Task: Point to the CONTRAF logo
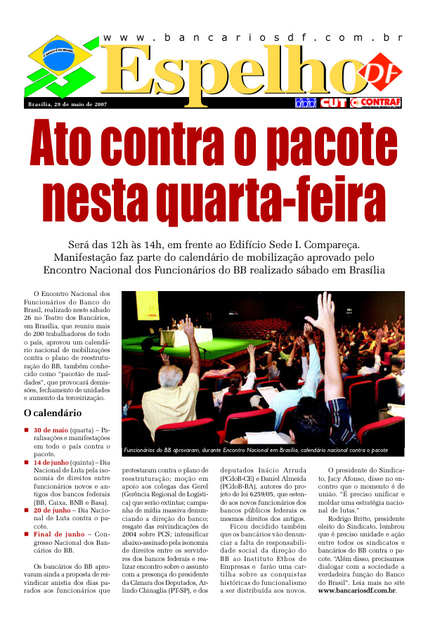coord(377,103)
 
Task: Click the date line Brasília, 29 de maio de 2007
coord(66,104)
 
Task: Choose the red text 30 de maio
coord(49,429)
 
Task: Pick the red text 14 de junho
coord(51,463)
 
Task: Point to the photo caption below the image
coord(256,450)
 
